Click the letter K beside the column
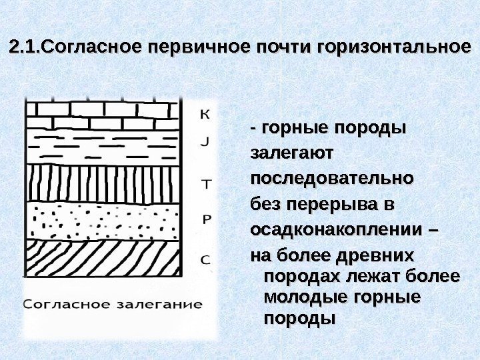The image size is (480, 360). (x=205, y=114)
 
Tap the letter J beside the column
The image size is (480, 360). (x=205, y=141)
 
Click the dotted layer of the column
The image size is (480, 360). (x=104, y=219)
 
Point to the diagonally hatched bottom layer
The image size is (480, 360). (x=104, y=257)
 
